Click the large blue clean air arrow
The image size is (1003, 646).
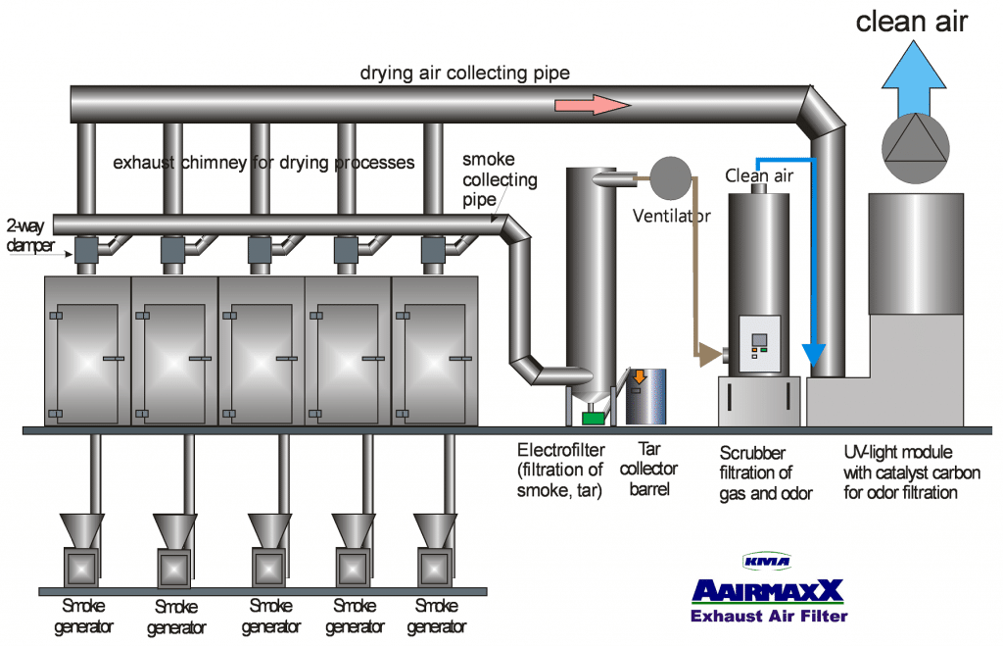914,80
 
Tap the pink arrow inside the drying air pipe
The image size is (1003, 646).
593,104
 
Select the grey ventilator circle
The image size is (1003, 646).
670,178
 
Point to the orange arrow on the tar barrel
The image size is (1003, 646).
640,376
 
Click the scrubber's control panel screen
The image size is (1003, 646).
759,339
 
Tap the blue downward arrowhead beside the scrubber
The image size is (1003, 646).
814,354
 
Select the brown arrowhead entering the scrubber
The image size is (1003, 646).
710,354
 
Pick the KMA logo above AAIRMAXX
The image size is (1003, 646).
767,562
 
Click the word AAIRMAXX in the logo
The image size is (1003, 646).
768,591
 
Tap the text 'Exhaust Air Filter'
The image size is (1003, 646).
769,616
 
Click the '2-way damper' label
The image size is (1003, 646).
29,235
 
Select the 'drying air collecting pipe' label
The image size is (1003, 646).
465,73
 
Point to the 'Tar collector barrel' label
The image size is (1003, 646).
648,469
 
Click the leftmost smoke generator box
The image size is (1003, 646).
81,568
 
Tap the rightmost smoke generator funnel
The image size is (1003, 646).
435,530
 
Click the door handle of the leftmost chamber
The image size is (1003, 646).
114,359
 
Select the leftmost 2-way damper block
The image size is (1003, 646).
86,250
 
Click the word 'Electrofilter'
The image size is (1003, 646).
561,450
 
